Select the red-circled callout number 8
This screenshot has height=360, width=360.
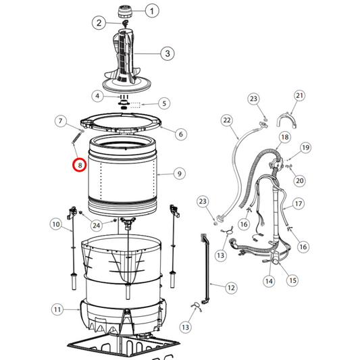coord(80,164)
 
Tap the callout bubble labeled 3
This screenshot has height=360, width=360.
coord(165,53)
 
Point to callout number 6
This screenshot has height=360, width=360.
coord(180,134)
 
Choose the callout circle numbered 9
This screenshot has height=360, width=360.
coord(179,174)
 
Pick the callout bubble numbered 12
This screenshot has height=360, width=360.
coord(231,288)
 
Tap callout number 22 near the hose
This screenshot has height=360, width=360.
coord(227,120)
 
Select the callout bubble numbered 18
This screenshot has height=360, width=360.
coord(284,137)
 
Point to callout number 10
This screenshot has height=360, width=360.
coord(55,224)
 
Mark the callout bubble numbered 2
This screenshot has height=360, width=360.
coord(99,23)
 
